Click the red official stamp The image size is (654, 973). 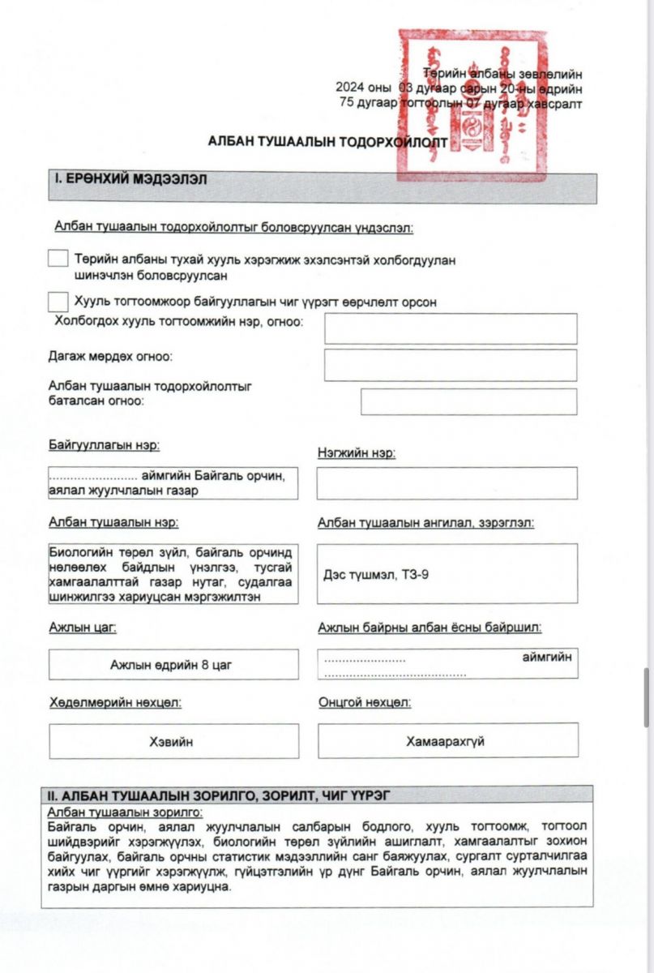coord(472,104)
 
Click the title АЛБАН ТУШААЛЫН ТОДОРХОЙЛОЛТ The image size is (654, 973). coord(327,140)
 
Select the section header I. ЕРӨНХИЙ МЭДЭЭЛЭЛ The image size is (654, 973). coord(130,179)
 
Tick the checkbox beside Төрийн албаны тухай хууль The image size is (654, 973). coord(58,259)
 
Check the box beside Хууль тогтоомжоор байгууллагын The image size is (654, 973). coord(58,302)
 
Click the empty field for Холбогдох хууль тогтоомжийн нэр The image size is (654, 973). coord(451,328)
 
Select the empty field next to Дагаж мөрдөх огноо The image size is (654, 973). coord(451,365)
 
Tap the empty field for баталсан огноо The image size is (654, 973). coord(468,401)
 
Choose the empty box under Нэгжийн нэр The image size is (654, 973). coord(447,483)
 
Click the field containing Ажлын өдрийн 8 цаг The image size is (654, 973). coord(173,665)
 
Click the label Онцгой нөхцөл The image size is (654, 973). coord(364,702)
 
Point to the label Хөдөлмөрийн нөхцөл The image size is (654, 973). coord(114,702)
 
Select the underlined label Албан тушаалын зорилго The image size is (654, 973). coord(125,812)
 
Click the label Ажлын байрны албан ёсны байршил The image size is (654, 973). coord(430,627)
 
